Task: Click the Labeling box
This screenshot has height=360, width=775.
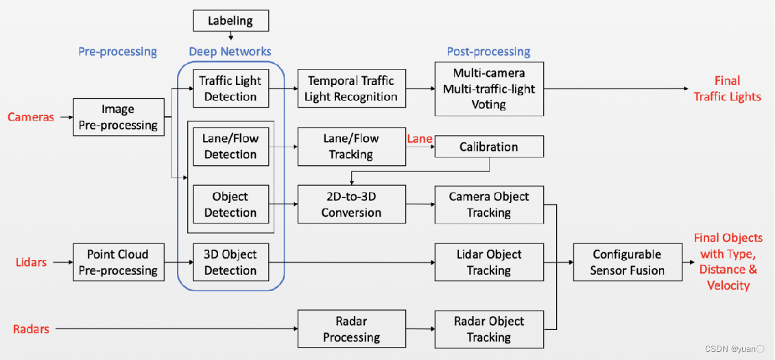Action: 230,21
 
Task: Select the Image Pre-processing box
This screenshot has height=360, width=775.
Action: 119,117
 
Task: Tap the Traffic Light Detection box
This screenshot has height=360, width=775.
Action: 230,88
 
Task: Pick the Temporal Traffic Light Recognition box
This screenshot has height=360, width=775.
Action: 351,88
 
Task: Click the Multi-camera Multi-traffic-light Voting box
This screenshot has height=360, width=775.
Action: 489,88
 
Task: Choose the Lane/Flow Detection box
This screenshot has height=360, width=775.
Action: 230,146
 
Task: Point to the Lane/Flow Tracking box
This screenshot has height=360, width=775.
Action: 351,146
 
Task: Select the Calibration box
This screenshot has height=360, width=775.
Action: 489,147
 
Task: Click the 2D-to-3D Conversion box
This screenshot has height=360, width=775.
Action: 351,204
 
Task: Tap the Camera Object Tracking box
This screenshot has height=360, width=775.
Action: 489,204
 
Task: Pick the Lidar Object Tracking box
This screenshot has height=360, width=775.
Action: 489,262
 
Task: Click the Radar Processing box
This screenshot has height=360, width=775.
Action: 351,329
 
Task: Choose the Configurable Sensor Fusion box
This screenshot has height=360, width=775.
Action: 628,262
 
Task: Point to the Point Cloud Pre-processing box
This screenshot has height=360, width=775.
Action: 119,262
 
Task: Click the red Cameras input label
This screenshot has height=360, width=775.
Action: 31,117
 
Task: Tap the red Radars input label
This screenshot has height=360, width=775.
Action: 32,329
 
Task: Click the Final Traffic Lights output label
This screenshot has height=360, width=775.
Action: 727,88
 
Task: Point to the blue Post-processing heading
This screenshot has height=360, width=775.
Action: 488,51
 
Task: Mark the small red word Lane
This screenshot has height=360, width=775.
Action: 420,139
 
